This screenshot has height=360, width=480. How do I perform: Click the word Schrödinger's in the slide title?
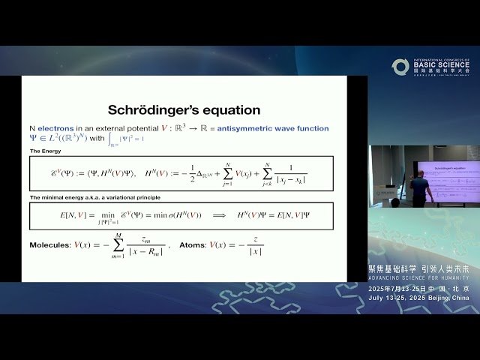pos(154,110)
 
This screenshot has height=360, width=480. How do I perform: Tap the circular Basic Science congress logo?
pos(400,67)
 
